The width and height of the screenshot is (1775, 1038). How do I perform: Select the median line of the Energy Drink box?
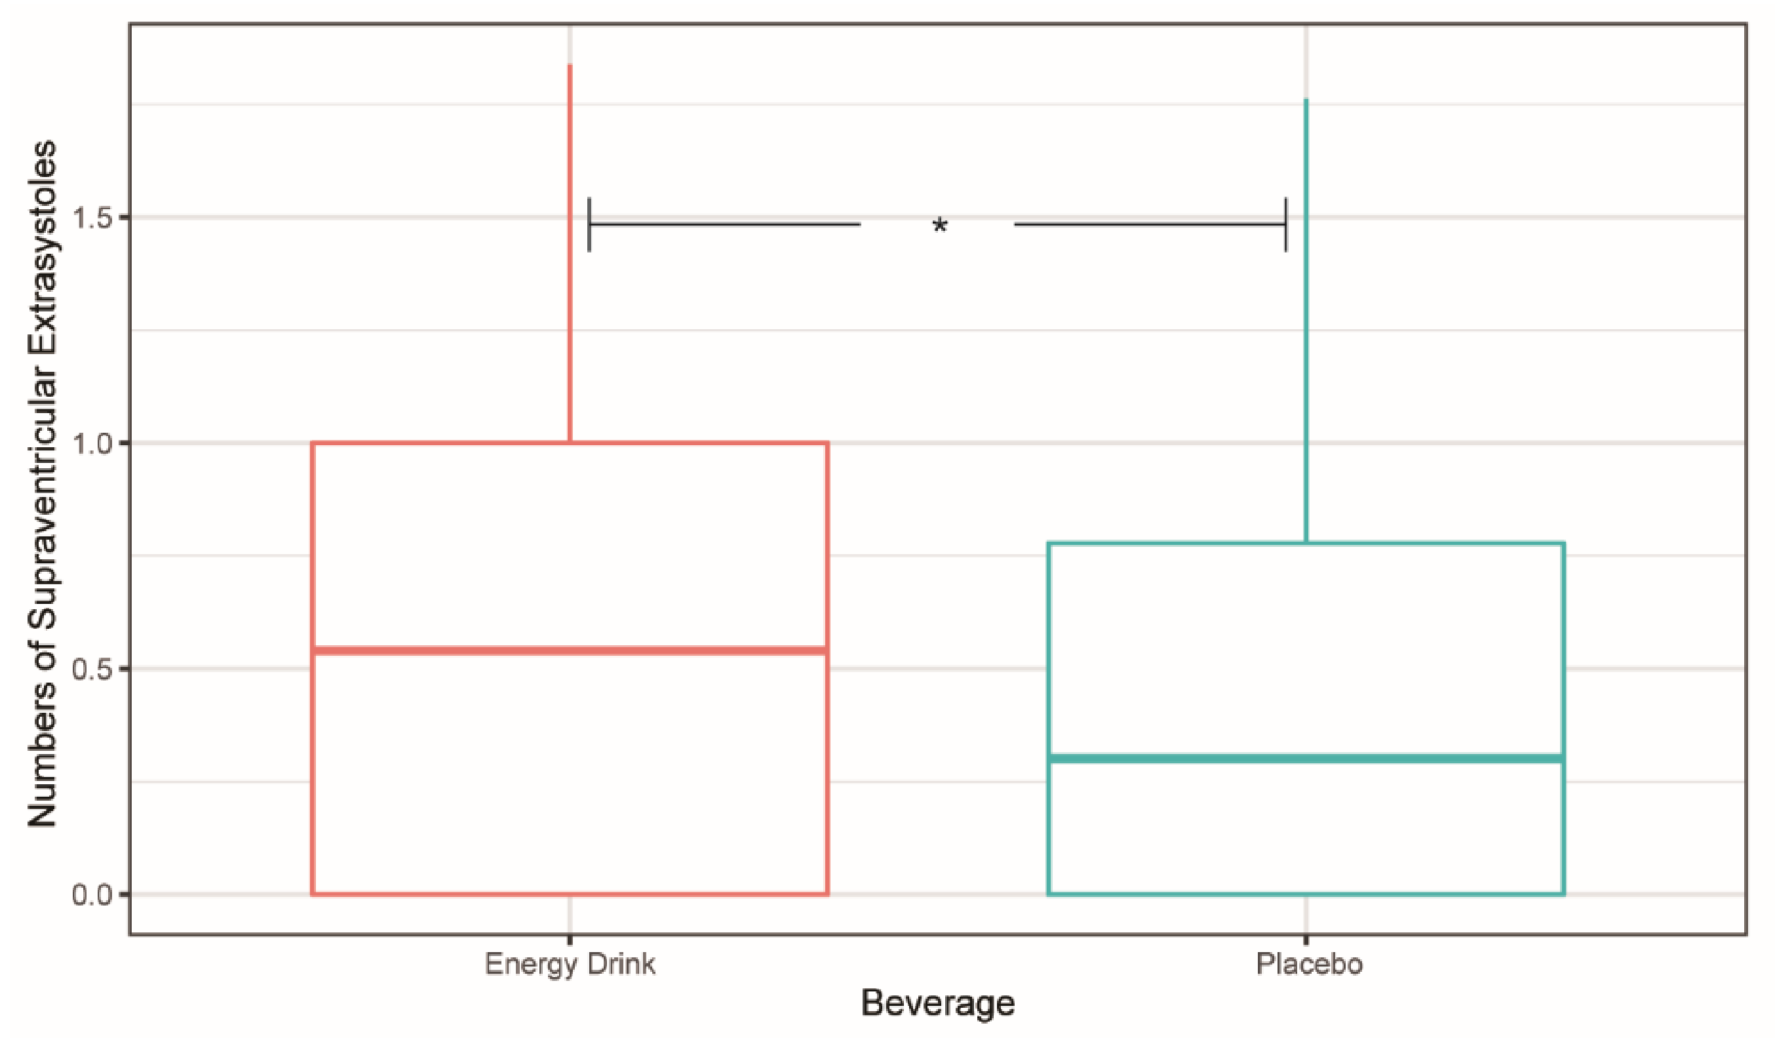tap(569, 650)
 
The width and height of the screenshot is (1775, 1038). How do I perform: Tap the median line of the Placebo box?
tap(1306, 758)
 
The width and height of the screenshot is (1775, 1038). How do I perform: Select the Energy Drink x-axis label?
tap(570, 964)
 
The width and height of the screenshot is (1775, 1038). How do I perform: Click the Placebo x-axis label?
tap(1310, 964)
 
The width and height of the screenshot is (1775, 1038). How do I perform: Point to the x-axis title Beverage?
tap(937, 1003)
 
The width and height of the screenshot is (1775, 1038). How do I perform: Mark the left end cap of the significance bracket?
tap(589, 225)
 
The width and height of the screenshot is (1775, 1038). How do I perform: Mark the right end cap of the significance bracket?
tap(1286, 225)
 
